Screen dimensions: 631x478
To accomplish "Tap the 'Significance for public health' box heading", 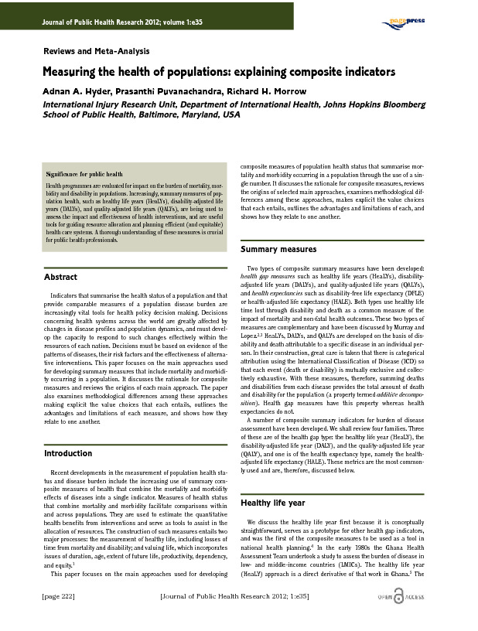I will click(x=84, y=176).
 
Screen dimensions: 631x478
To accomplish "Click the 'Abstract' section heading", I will click(x=60, y=277).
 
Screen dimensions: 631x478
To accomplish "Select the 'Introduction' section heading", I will click(x=68, y=453).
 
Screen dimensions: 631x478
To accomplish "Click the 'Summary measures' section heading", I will click(x=278, y=250).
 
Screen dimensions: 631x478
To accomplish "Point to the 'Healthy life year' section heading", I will click(x=274, y=503).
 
